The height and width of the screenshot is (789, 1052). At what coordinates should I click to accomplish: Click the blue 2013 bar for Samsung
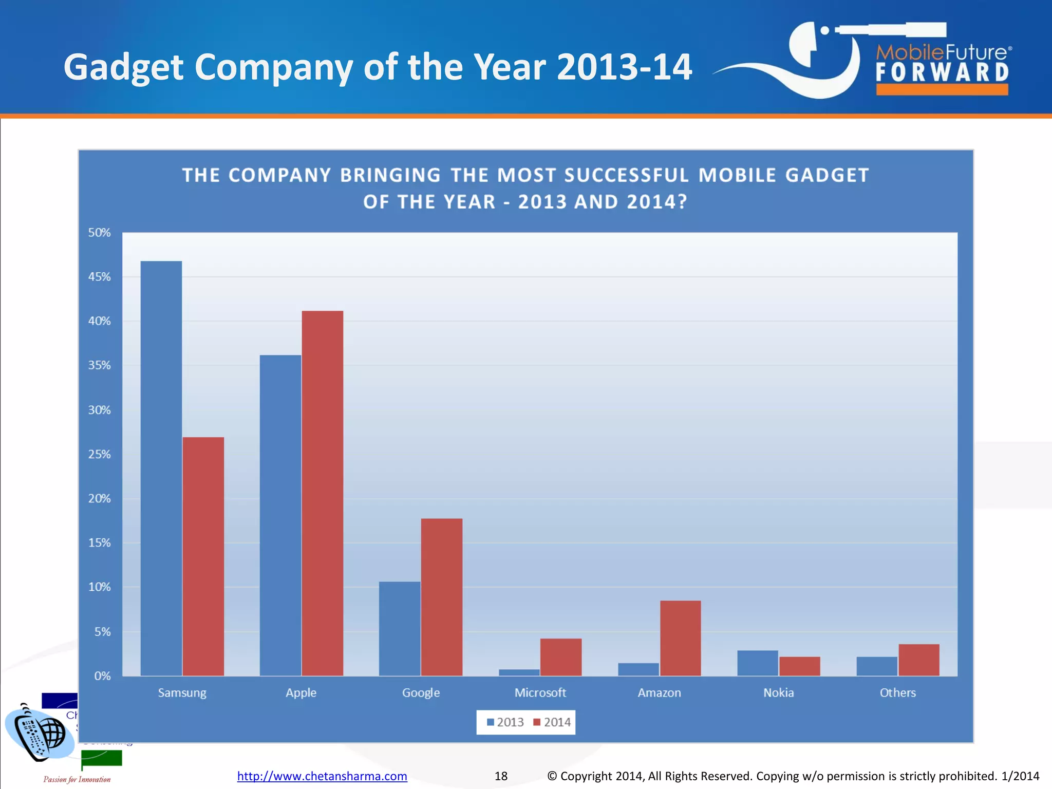click(x=161, y=467)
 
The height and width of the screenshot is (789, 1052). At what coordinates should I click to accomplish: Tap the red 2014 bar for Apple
click(x=323, y=493)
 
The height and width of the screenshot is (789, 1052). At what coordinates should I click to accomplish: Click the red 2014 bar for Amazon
click(x=680, y=638)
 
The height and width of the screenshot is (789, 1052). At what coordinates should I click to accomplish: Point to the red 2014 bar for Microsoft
click(x=561, y=657)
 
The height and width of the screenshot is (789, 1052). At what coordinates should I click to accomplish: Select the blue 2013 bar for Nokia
click(x=757, y=663)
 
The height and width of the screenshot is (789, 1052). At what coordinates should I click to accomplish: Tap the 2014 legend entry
click(x=552, y=722)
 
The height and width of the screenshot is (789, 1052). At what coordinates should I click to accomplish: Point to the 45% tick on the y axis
click(x=99, y=277)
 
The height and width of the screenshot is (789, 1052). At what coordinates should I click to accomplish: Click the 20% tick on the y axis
click(x=99, y=498)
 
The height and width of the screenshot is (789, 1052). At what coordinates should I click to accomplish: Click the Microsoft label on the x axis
click(x=540, y=692)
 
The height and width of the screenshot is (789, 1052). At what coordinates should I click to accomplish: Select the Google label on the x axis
click(x=421, y=692)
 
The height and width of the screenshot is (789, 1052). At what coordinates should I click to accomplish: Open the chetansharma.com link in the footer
click(x=322, y=776)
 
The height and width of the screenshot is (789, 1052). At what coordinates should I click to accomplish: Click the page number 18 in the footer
click(x=501, y=776)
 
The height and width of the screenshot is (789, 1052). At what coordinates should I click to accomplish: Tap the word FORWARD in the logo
click(x=942, y=72)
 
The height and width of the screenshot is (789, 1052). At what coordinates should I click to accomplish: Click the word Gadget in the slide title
click(x=123, y=67)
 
